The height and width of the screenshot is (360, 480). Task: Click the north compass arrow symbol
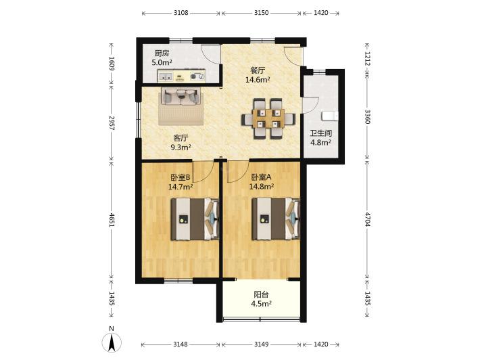(x=112, y=342)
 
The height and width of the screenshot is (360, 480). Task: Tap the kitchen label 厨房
(x=162, y=53)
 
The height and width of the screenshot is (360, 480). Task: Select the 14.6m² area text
(x=258, y=80)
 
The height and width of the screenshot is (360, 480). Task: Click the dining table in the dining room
(x=268, y=118)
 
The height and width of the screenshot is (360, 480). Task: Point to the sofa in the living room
(x=181, y=96)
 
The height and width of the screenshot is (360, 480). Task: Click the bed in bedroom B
(x=195, y=219)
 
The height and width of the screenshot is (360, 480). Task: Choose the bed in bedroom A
(x=276, y=219)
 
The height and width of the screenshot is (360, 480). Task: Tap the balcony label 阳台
(x=261, y=294)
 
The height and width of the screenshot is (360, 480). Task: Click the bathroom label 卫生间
(x=321, y=133)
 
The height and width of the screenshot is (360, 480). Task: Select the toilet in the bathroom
(x=330, y=116)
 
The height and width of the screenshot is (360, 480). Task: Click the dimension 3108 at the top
(x=181, y=13)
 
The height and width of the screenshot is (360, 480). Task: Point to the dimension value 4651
(x=112, y=220)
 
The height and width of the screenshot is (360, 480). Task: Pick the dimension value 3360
(x=368, y=117)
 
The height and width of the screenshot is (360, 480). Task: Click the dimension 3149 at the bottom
(x=261, y=344)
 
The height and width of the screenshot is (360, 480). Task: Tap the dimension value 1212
(x=368, y=59)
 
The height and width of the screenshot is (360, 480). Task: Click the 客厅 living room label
(x=181, y=138)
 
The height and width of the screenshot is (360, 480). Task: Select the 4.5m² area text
(x=262, y=304)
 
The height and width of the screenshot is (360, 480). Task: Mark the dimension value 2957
(x=112, y=123)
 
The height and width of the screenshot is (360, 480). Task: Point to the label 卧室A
(x=261, y=177)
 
